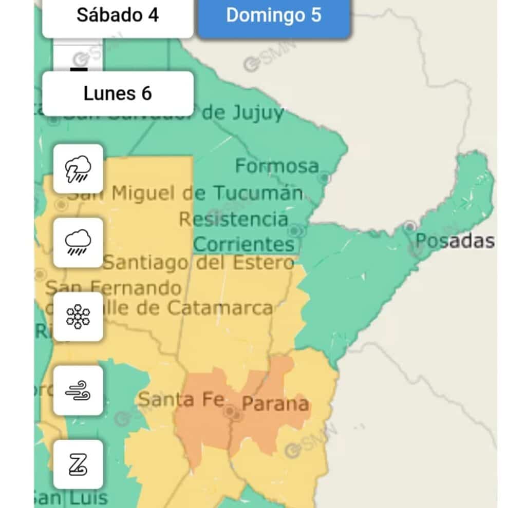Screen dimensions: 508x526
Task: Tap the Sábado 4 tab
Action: [118, 15]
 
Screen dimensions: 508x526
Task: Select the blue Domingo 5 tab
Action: [274, 15]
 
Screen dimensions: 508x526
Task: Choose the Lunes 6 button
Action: [118, 94]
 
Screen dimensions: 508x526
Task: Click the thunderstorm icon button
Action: [79, 169]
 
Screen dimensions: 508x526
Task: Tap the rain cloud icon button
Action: [79, 243]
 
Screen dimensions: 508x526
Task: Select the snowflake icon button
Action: [79, 317]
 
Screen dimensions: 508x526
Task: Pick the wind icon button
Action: [79, 390]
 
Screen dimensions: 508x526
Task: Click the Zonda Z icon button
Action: [79, 464]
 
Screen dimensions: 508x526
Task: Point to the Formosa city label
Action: [277, 166]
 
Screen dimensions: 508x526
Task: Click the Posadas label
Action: [455, 241]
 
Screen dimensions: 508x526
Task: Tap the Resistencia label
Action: [233, 219]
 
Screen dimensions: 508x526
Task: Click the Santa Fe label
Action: [181, 399]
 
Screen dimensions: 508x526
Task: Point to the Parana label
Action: [275, 404]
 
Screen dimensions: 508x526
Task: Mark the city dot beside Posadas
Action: [409, 226]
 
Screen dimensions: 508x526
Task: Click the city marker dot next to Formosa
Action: [324, 178]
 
